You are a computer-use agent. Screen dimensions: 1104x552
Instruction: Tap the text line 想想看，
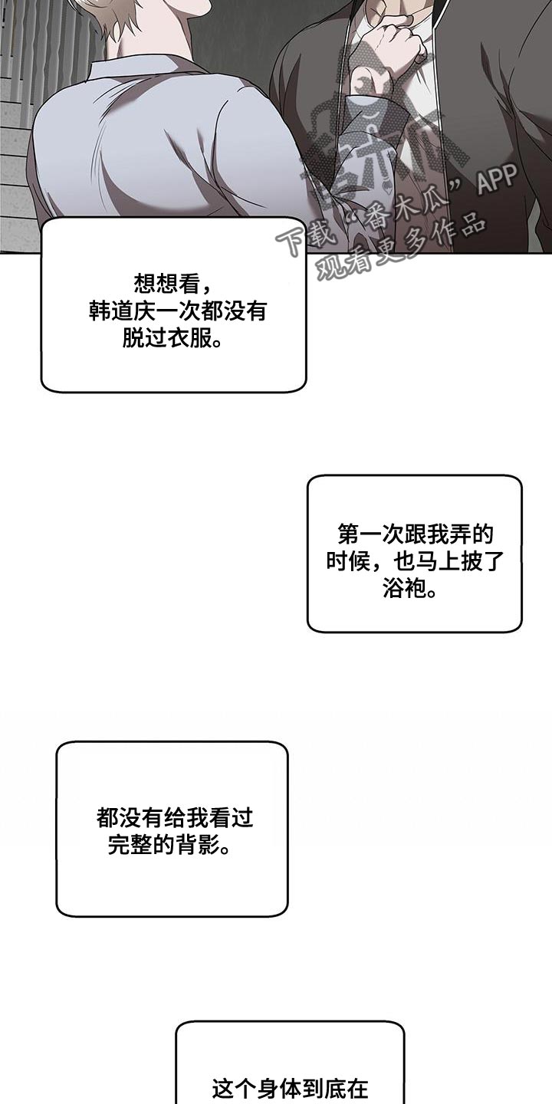point(172,284)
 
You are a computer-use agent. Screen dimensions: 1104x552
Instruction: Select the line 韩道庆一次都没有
point(172,311)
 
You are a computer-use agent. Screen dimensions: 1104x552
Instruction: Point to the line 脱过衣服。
point(172,338)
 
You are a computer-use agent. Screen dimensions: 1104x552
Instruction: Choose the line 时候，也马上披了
point(415,561)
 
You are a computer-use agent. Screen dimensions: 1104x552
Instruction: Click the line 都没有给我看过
point(174,818)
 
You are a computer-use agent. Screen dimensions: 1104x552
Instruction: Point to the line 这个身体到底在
point(290,1087)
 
